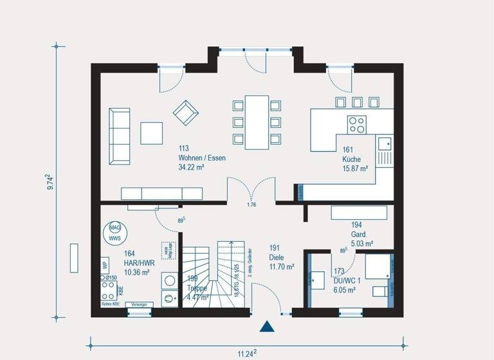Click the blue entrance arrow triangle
(x=267, y=326)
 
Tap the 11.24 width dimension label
(x=246, y=352)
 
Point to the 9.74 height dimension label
(x=51, y=183)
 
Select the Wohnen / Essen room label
(x=202, y=157)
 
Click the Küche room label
(x=351, y=159)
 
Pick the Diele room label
(x=282, y=256)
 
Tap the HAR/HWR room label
(x=139, y=264)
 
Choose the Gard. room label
(x=359, y=235)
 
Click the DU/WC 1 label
(x=346, y=282)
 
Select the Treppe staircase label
(x=197, y=289)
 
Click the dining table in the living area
(x=257, y=122)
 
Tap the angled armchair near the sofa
(x=186, y=112)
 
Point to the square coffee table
(x=152, y=133)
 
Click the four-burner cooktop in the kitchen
(x=356, y=124)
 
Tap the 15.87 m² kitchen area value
(x=354, y=168)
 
